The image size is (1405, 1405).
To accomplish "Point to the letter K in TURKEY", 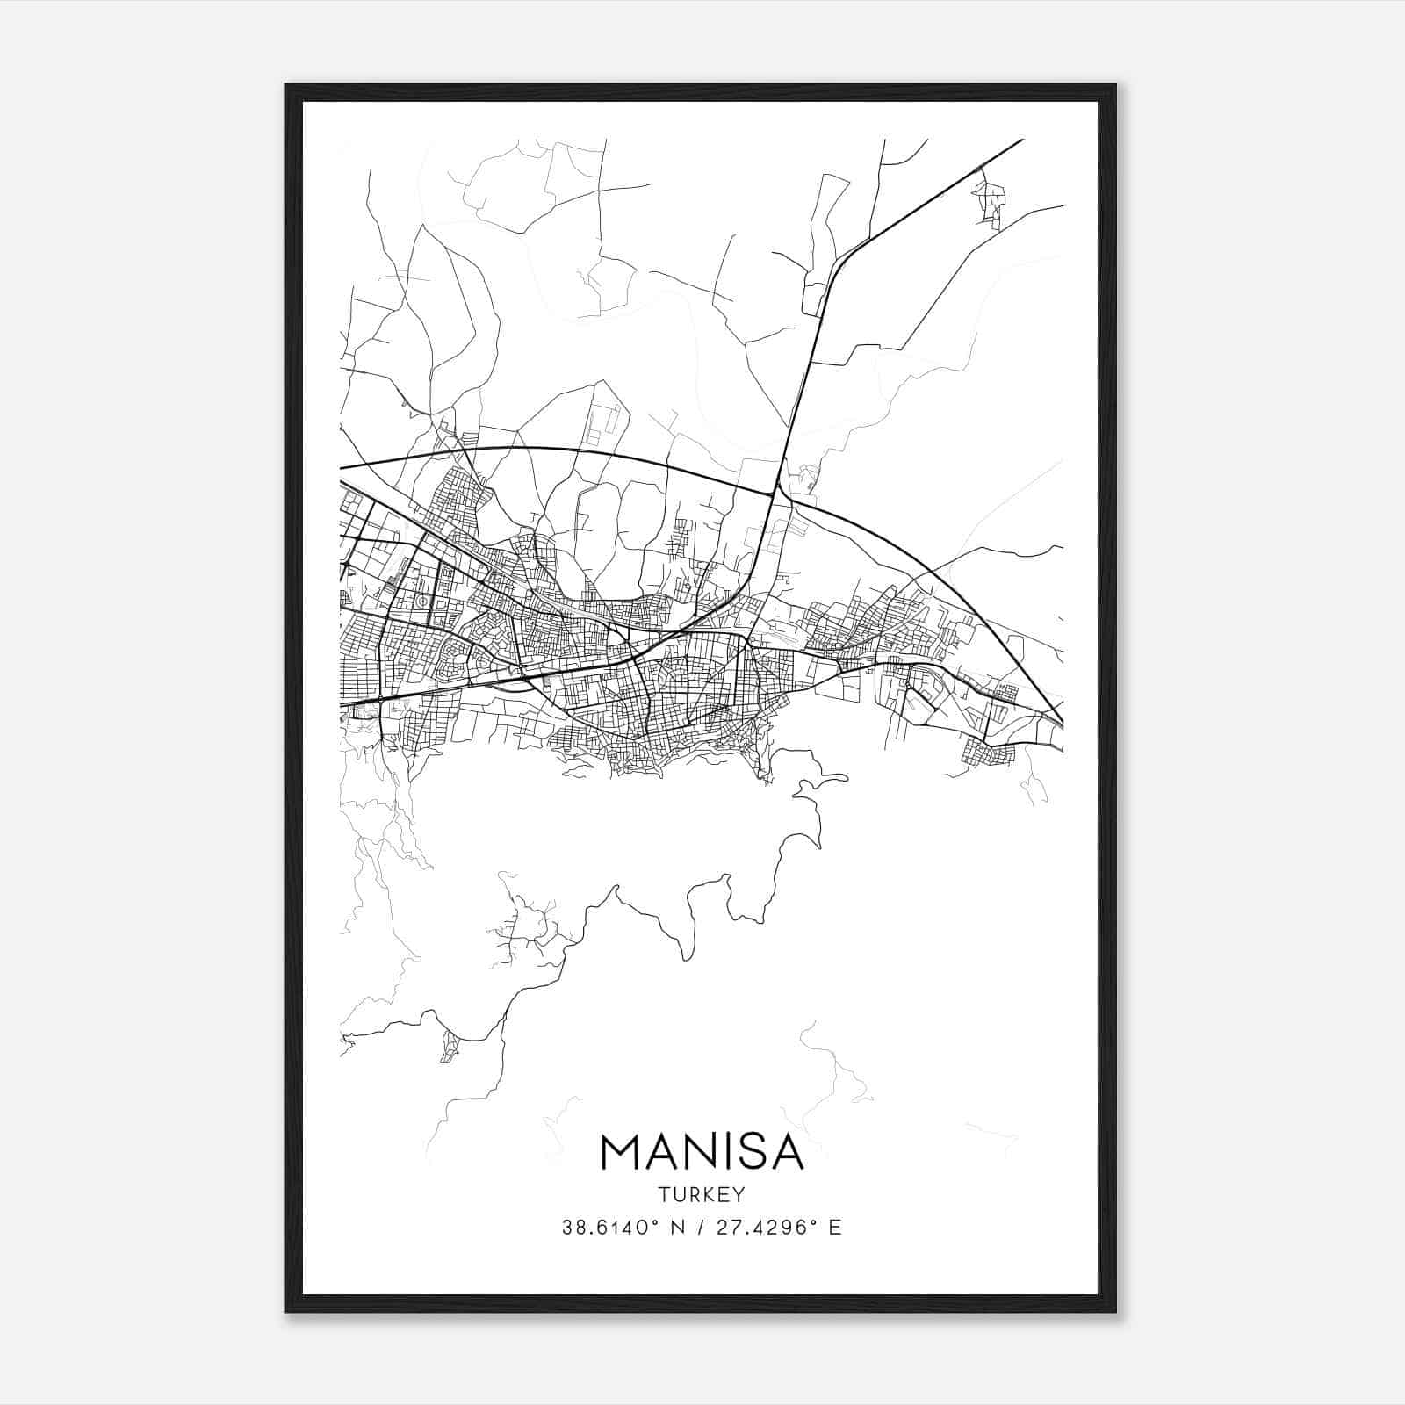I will [709, 1194].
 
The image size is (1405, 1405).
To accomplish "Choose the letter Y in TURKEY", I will [739, 1194].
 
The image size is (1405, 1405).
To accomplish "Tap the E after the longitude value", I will [835, 1228].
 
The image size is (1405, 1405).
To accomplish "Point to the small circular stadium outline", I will [423, 602].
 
